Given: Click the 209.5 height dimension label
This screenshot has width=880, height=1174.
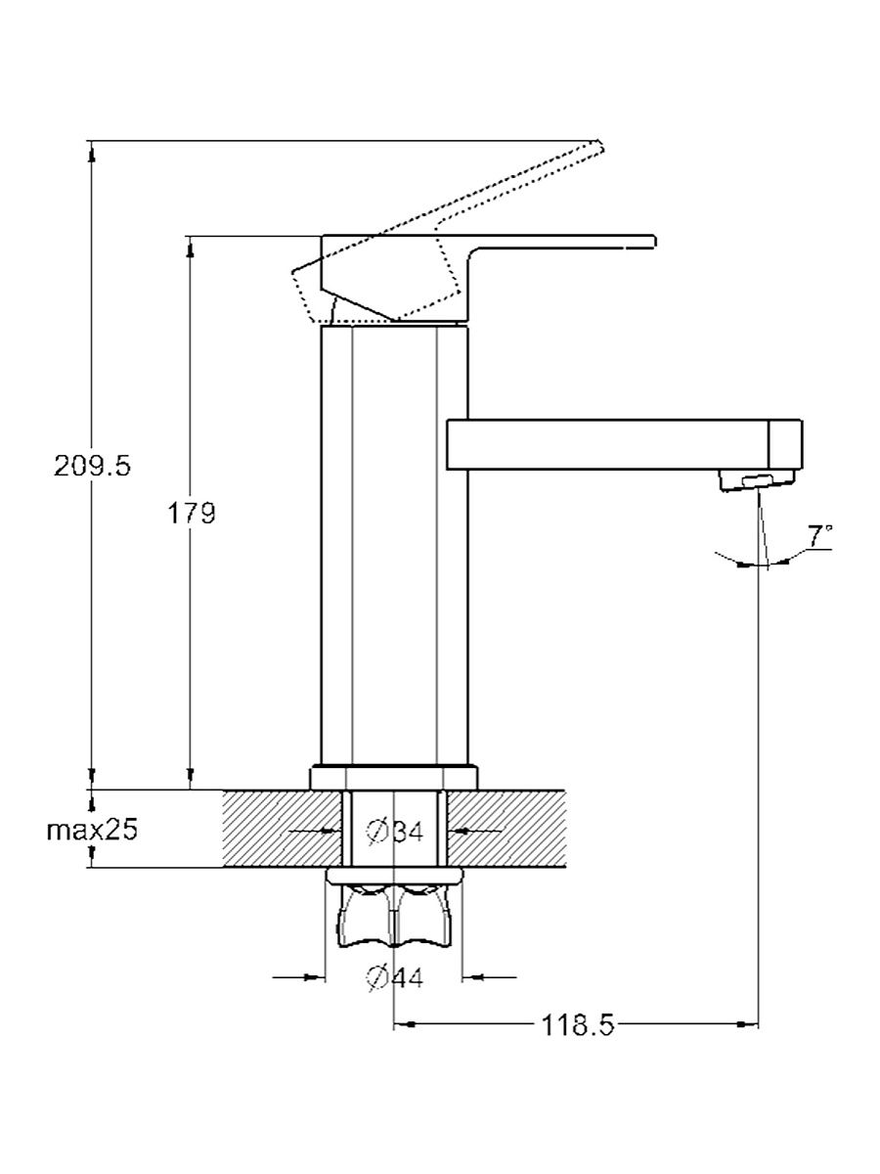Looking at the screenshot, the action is pos(93,467).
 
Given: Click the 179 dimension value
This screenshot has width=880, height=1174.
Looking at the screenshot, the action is pos(192,514).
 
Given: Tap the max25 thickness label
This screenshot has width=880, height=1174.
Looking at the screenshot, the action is pos(92,830).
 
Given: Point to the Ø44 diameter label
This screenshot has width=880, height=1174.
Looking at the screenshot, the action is pos(395,978).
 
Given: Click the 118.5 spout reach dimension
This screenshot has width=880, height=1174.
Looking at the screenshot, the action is pos(578,1025).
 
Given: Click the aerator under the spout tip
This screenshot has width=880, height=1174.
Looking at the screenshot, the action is pos(757,480).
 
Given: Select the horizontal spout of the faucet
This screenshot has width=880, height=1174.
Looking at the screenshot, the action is pos(624,444).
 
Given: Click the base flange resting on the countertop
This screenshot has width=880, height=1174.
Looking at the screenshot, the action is pos(394,777).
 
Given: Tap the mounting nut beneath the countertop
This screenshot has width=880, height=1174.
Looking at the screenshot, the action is pos(394,917).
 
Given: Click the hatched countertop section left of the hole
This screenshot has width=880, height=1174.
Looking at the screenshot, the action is pos(283,828).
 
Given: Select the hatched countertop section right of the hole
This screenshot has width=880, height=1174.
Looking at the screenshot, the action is pos(506,828).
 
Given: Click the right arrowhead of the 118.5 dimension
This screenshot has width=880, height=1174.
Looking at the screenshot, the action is pos(749,1024).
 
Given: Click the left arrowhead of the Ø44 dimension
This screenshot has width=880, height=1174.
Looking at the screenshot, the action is pos(315,977).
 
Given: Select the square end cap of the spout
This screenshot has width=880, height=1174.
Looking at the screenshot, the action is pos(786,444).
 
